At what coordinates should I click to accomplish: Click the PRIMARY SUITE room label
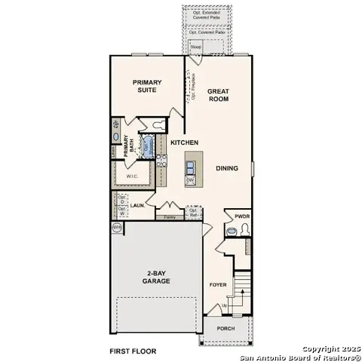(148, 87)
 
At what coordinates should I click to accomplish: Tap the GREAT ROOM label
(219, 96)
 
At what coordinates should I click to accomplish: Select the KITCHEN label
(184, 143)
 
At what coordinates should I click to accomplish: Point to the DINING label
(227, 168)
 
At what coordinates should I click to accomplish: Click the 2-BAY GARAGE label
(158, 277)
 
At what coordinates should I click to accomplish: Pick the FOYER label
(218, 284)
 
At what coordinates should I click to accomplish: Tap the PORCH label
(225, 329)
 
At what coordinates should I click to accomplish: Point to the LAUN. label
(137, 204)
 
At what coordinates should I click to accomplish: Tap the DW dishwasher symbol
(190, 180)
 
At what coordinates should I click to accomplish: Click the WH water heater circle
(117, 227)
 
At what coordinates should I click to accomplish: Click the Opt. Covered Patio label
(207, 32)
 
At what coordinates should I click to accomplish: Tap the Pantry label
(170, 217)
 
